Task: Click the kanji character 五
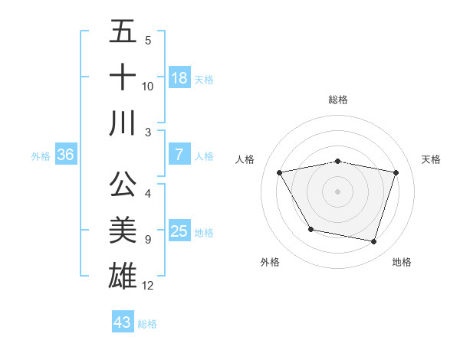click(x=123, y=32)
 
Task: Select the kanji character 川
click(x=123, y=123)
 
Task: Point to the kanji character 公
click(x=123, y=185)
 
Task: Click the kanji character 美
click(x=123, y=230)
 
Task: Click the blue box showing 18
click(x=179, y=78)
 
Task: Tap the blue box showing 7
click(x=179, y=155)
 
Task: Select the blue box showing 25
click(x=179, y=231)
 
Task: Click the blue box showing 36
click(x=66, y=155)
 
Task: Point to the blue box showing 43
click(x=123, y=322)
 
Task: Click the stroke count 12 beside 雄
click(x=148, y=286)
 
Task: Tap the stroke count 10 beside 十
click(x=148, y=87)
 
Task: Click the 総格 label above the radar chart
click(x=338, y=100)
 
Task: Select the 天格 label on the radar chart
click(x=432, y=159)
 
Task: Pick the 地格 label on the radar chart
click(x=402, y=262)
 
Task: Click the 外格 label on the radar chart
click(x=270, y=262)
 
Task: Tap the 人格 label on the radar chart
click(x=245, y=159)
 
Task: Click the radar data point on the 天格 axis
click(x=396, y=172)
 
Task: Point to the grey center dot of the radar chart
click(x=338, y=191)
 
